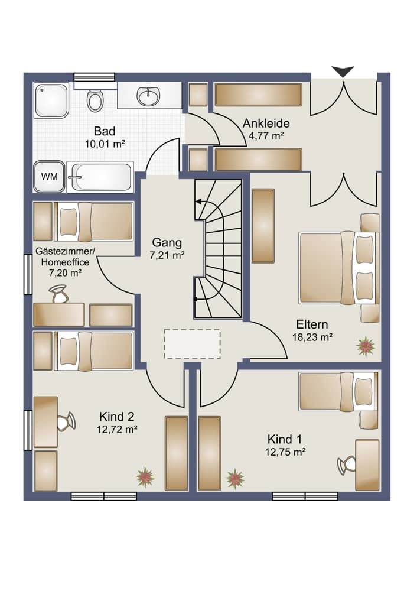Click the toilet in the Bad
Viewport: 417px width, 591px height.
click(95, 99)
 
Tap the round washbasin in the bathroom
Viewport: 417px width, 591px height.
click(148, 96)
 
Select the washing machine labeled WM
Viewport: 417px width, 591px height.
click(50, 176)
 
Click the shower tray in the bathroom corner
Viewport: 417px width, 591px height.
click(51, 100)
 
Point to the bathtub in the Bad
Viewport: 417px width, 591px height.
click(100, 177)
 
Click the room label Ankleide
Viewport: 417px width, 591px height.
click(266, 124)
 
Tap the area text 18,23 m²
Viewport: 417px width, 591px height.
click(312, 337)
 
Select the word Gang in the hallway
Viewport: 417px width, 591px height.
click(167, 242)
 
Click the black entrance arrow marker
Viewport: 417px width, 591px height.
click(343, 72)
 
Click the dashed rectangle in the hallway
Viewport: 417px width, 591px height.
click(193, 344)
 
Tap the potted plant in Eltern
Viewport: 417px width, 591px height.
click(366, 346)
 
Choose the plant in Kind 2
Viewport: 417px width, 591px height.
click(145, 477)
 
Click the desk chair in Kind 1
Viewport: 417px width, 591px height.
click(347, 465)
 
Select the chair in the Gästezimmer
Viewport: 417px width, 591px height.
click(58, 294)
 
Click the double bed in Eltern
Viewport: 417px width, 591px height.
click(338, 268)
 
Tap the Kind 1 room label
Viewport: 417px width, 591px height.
click(285, 440)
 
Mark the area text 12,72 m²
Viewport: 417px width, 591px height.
click(117, 429)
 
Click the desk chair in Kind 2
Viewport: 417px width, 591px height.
click(66, 421)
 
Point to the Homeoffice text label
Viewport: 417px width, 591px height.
click(65, 262)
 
